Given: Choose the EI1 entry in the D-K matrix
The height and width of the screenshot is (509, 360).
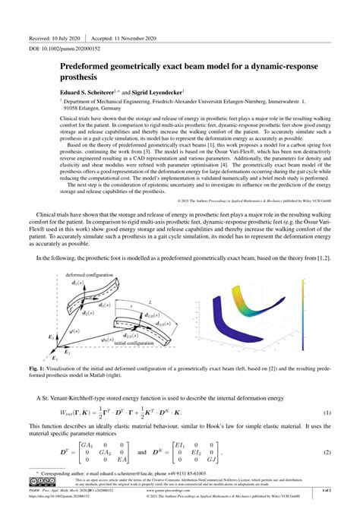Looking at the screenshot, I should (182, 446).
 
